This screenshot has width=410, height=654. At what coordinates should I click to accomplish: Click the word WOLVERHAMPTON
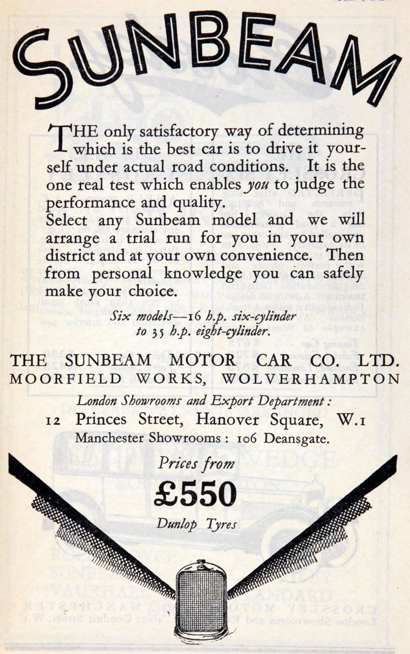pyautogui.click(x=311, y=378)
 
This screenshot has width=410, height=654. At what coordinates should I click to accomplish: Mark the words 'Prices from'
pyautogui.click(x=196, y=464)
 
